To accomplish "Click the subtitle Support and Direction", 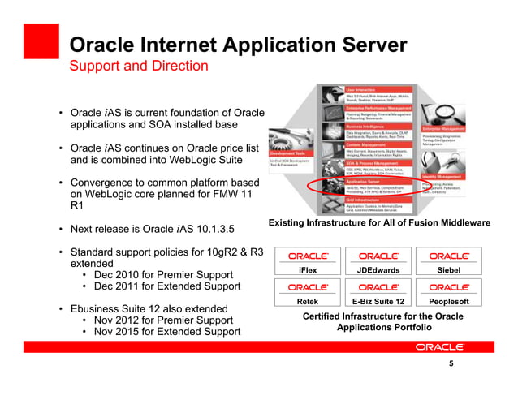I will click(x=138, y=65).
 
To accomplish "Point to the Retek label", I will click(x=308, y=301).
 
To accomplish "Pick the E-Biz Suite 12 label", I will click(x=378, y=301).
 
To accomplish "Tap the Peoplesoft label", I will click(x=448, y=301).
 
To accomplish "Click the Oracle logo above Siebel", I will click(x=448, y=256).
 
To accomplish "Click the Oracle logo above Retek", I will click(x=308, y=287).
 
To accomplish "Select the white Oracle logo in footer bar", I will click(x=438, y=346).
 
